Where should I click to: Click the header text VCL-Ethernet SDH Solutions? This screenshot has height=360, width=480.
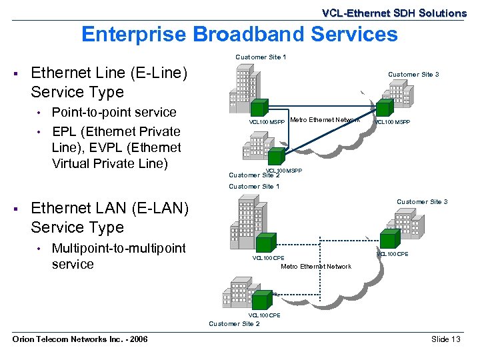point(394,13)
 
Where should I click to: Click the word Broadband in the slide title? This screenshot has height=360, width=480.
point(222,34)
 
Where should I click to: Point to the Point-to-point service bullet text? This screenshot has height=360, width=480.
point(114,112)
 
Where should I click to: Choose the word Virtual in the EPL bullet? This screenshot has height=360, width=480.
point(74,163)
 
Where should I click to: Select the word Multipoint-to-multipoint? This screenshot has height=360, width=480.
point(119,248)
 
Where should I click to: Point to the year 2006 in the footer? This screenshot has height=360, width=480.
point(137,339)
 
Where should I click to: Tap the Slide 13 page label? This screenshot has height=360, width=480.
point(446,339)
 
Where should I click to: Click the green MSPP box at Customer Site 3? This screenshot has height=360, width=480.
point(383,108)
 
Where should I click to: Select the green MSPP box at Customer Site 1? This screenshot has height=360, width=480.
point(267,108)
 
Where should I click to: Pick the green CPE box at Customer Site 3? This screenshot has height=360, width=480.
point(389,241)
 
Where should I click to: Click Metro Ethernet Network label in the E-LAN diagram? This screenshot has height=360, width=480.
point(315,267)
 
